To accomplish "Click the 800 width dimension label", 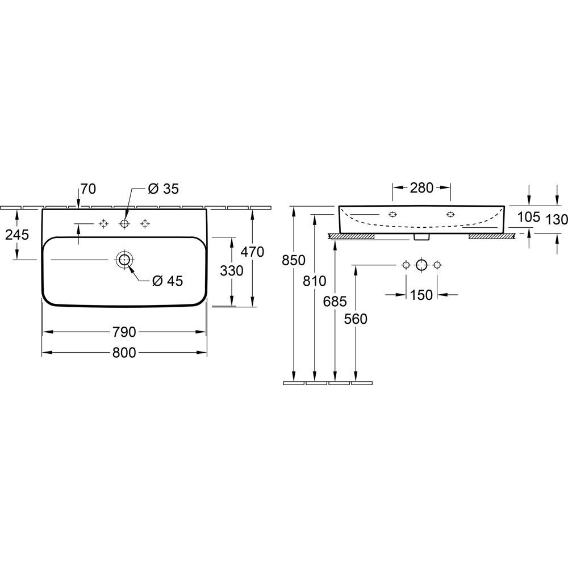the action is point(124,353).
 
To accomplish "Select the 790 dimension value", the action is point(124,332).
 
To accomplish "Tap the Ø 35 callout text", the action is point(164,189).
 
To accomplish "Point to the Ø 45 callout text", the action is point(168,281).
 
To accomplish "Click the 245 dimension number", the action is point(17,235).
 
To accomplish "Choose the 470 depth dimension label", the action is point(253,252).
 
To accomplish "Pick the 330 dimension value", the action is point(232,270).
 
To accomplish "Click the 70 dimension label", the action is point(88,189).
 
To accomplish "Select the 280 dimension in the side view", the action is point(421,187).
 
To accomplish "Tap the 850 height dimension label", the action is point(294,260).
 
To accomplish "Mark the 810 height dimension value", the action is point(315,281).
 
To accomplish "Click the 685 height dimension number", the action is point(335,301).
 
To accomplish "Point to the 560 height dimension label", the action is point(356,319).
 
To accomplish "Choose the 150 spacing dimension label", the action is point(421,295).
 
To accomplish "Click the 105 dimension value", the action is point(528,217).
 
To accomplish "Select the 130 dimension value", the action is point(556,219).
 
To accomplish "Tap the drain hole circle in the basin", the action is point(124,252).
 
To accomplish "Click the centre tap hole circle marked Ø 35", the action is point(124,219).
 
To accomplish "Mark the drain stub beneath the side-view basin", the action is point(421,237).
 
